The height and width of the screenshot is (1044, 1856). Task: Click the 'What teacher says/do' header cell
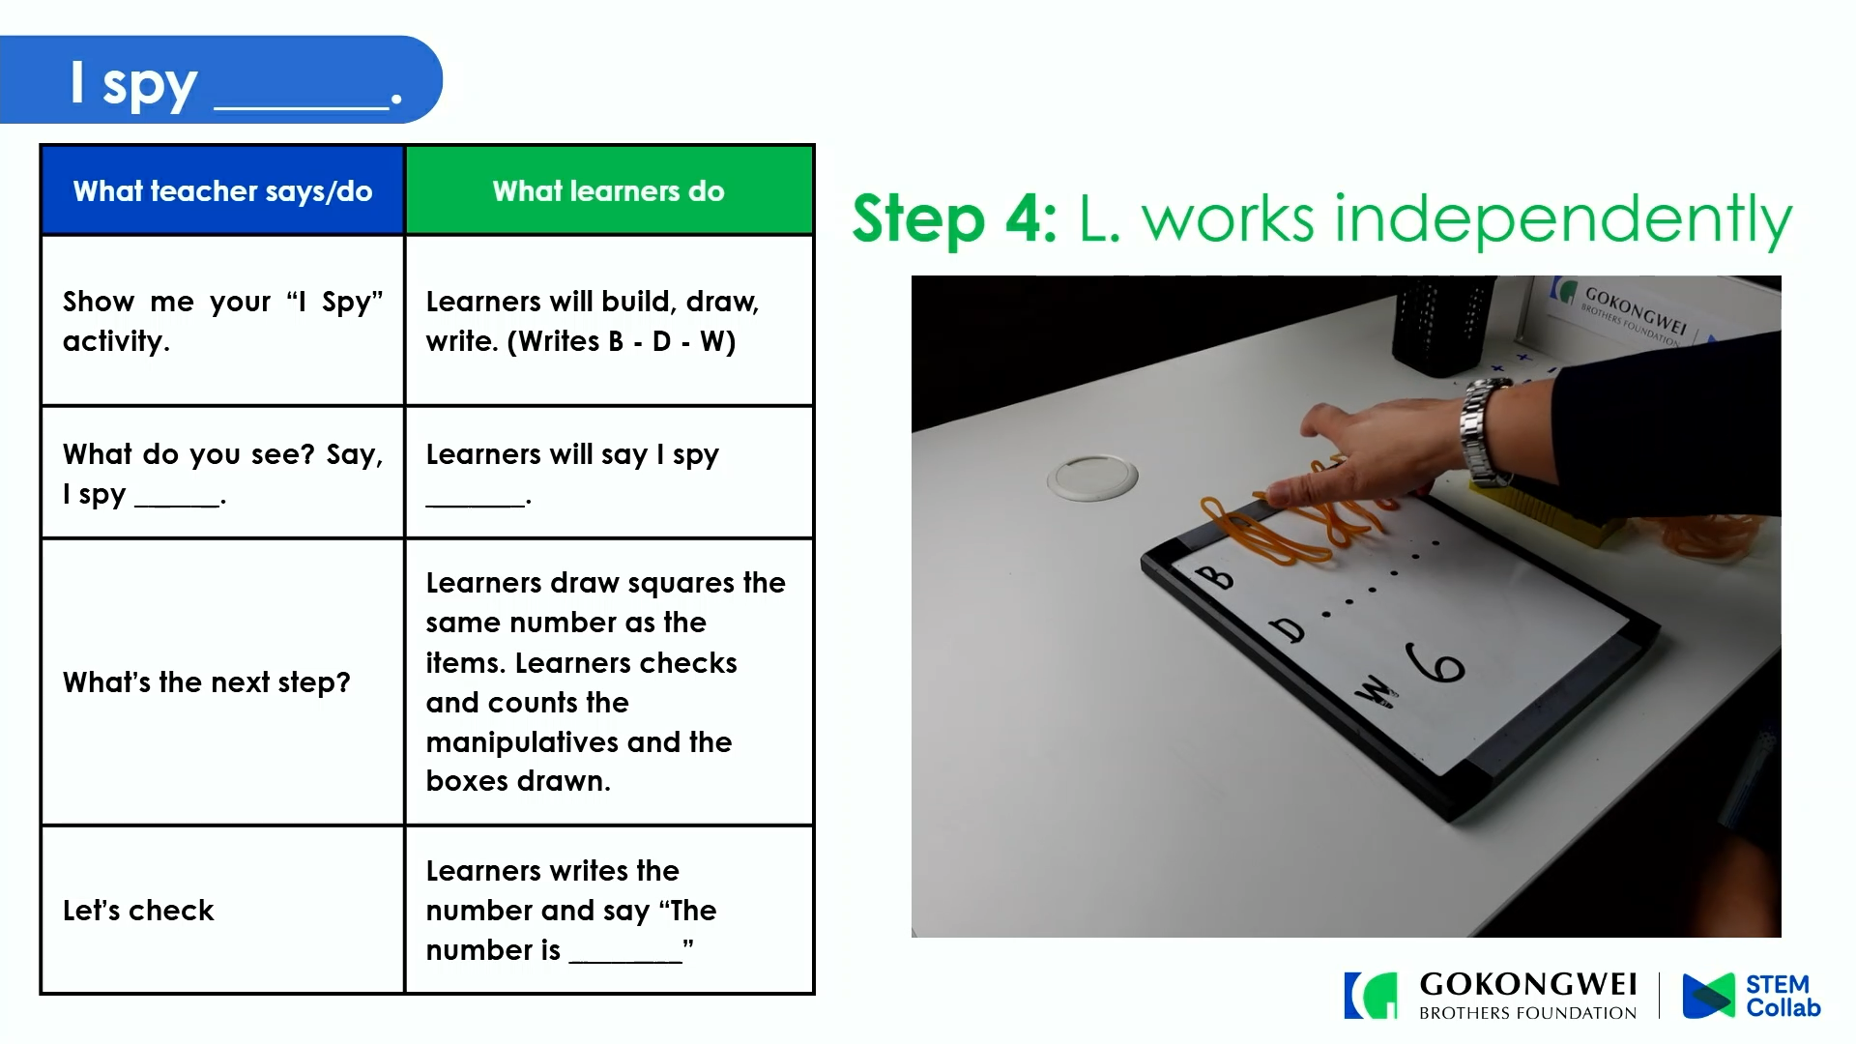(222, 190)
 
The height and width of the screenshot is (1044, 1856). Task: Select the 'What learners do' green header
(609, 190)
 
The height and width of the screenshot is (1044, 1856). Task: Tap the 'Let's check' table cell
(222, 910)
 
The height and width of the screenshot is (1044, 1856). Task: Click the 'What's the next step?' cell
(222, 681)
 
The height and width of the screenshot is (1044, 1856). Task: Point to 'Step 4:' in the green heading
(954, 218)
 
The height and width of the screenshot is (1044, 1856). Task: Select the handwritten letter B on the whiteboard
(1214, 577)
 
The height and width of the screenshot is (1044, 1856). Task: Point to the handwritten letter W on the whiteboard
(1375, 691)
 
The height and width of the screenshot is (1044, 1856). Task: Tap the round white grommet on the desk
(1092, 478)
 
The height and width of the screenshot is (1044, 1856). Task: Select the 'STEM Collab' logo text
(1783, 996)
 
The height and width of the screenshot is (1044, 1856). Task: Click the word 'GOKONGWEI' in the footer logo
(1528, 984)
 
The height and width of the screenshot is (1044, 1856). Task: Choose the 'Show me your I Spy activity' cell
(222, 320)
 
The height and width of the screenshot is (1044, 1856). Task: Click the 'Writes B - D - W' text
(622, 341)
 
